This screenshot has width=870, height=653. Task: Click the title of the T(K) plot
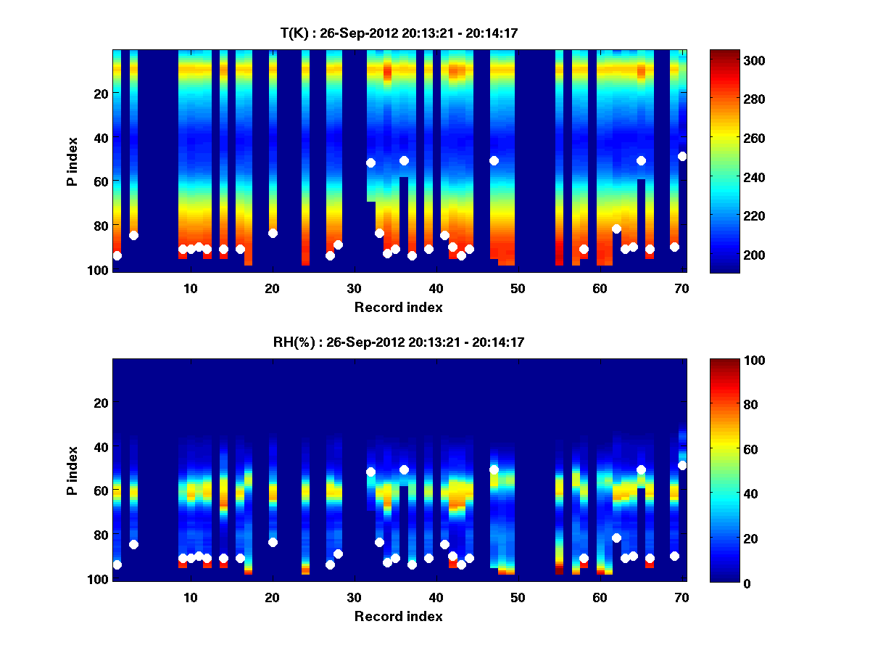(398, 33)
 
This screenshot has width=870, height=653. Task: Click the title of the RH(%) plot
(398, 342)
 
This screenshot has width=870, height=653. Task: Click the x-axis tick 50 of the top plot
(518, 288)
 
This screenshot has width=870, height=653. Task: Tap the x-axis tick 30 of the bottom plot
(354, 597)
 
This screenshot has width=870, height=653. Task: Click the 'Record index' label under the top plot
(398, 307)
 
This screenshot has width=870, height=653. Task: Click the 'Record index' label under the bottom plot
(398, 616)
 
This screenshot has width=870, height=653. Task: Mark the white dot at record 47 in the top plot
(494, 160)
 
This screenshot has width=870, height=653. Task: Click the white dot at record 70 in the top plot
(682, 156)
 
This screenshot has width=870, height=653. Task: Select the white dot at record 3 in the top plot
(133, 235)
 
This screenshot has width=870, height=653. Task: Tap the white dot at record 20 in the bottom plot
(273, 542)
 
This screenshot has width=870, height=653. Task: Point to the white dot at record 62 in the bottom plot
(616, 538)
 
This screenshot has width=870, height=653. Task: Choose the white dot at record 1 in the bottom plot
(117, 564)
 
